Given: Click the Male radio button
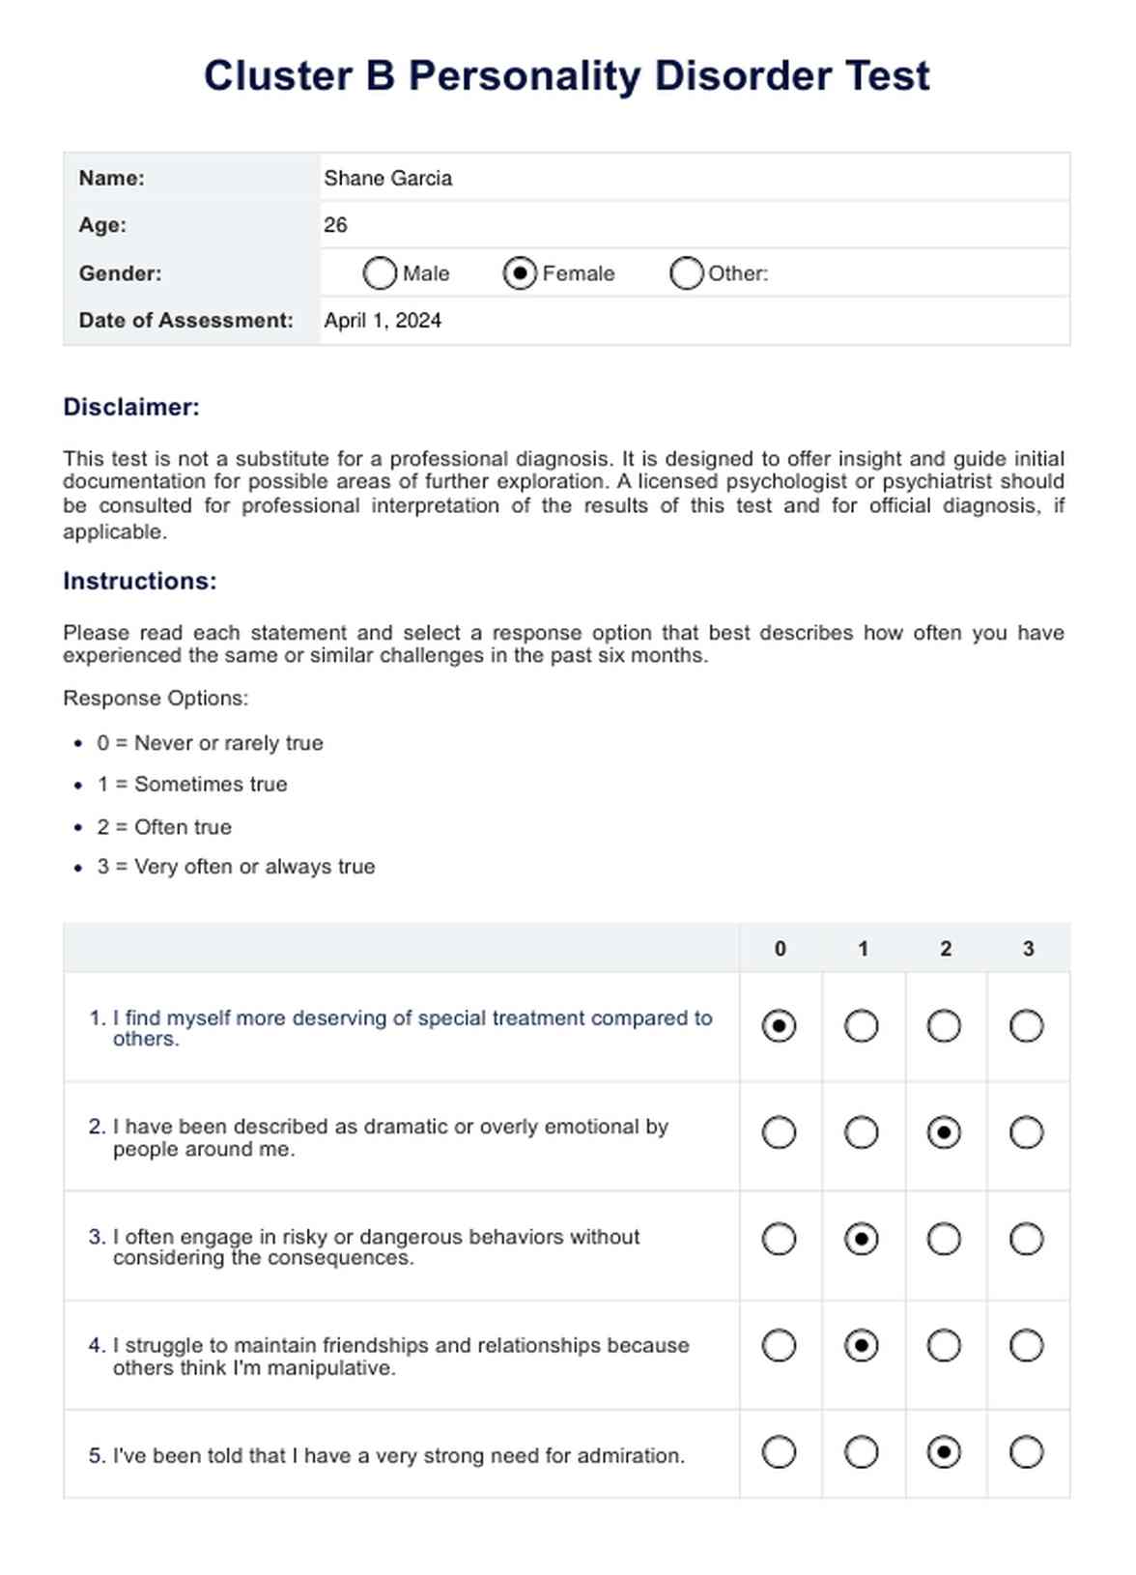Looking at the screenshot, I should point(380,273).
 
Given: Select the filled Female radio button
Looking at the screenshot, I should point(520,273).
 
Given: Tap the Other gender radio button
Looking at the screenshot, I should point(686,273).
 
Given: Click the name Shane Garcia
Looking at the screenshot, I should point(387,179).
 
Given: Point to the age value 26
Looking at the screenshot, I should point(335,225).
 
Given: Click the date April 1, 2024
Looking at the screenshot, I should point(383,321).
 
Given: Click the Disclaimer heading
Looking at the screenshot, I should point(131,407).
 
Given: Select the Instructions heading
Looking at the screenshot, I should point(140,581).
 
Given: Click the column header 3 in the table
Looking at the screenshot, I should point(1028,949).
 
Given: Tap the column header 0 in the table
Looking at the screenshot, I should point(780,949).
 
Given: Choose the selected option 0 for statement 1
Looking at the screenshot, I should point(779,1026).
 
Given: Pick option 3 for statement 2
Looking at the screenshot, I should point(1026,1132).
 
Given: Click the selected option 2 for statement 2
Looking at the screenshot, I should point(944,1132).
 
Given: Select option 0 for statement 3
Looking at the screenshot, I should point(779,1239).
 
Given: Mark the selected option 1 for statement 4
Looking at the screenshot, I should point(861,1345).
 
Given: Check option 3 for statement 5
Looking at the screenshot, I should point(1026,1452).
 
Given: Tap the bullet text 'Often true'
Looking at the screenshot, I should point(183,827).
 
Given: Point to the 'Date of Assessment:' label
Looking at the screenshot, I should point(185,321).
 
